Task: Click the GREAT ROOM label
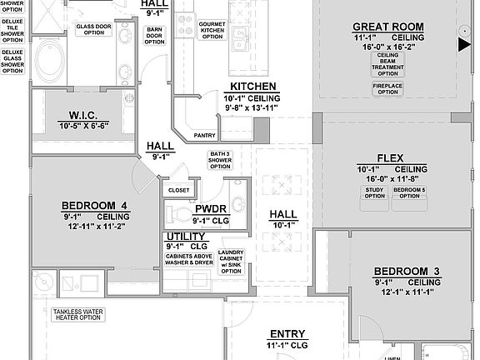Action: (x=387, y=27)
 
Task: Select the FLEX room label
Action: (x=390, y=157)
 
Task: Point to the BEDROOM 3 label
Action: (x=406, y=271)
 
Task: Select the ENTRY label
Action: (x=287, y=332)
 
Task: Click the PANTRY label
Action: (x=204, y=134)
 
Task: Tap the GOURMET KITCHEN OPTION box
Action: (x=212, y=29)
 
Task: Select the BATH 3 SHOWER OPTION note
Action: (x=220, y=160)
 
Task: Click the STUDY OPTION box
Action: (x=374, y=193)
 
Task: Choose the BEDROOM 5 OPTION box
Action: (x=408, y=193)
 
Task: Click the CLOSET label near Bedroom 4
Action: (x=178, y=190)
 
